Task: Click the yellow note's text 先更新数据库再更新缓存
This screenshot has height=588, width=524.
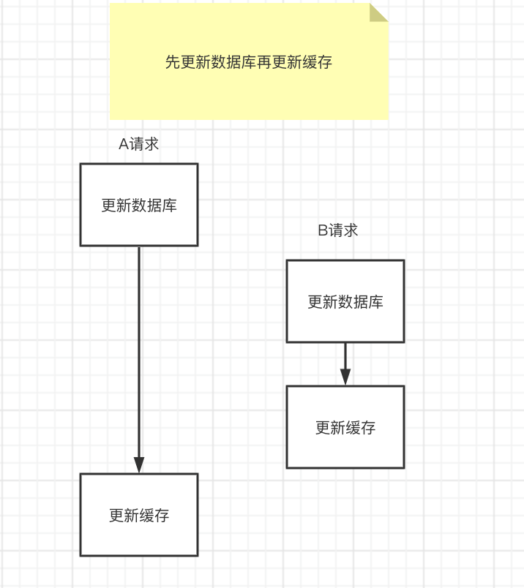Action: pos(249,62)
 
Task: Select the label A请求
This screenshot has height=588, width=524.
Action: pos(138,144)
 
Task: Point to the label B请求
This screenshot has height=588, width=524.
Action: pos(338,230)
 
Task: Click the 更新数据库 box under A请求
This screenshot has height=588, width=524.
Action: pos(139,205)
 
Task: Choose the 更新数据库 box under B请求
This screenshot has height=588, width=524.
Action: pos(345,301)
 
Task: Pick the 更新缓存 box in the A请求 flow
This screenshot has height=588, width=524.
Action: pos(139,515)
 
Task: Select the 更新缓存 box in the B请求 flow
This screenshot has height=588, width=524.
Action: pos(345,427)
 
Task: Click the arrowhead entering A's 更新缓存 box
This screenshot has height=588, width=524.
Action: pos(139,464)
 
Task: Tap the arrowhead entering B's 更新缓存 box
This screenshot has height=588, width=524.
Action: pos(345,377)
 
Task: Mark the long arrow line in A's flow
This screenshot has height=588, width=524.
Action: pos(139,351)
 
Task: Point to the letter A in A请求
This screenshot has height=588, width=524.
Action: pos(124,144)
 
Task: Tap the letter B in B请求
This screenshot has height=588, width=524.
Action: pos(323,230)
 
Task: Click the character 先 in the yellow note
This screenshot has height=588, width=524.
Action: pos(173,62)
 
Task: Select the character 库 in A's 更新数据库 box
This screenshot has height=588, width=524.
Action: pos(170,206)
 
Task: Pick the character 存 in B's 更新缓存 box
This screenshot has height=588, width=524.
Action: pos(368,428)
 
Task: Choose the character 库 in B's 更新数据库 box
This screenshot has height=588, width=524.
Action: pos(376,302)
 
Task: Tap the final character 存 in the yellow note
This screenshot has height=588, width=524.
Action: pos(325,62)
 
